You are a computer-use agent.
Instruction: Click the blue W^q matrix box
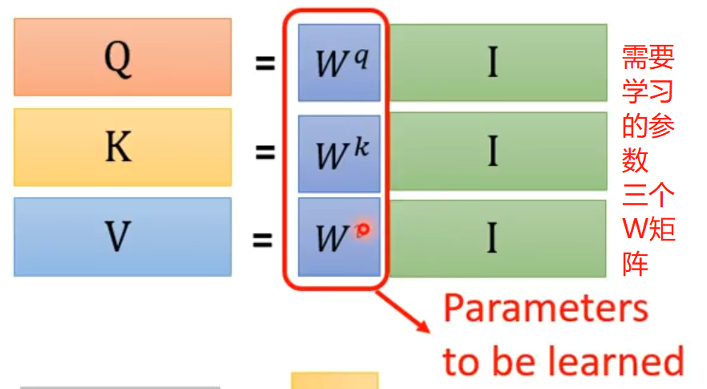(x=339, y=63)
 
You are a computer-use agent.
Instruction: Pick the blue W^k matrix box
(x=339, y=152)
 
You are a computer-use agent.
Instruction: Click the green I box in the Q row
(x=497, y=63)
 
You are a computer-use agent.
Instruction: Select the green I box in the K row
(x=497, y=151)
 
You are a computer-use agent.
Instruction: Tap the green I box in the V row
(x=497, y=238)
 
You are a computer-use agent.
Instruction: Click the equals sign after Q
(x=265, y=63)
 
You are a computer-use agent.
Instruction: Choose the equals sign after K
(x=265, y=152)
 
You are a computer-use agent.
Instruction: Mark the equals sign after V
(x=265, y=238)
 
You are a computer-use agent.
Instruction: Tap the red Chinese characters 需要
(x=648, y=58)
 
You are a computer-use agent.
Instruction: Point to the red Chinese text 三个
(x=648, y=195)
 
